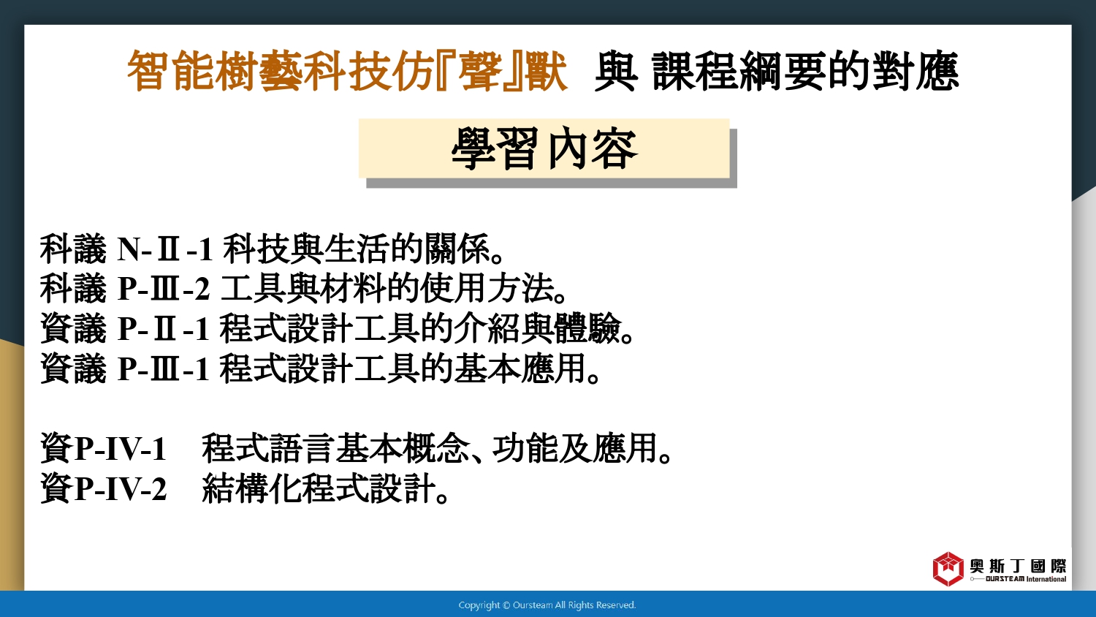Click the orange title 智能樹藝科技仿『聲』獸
point(347,72)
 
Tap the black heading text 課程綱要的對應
point(805,72)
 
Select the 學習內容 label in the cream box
point(544,148)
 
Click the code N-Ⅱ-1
point(165,249)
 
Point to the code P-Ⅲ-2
point(164,289)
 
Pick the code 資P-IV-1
point(103,448)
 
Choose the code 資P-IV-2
point(103,488)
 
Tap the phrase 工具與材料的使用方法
point(387,288)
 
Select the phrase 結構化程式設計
point(319,488)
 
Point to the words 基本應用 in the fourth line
point(520,368)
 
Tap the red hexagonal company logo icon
point(948,569)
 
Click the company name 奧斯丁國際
point(1018,566)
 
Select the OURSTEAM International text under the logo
point(1026,579)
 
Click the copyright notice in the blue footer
point(547,605)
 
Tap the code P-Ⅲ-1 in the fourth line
point(164,368)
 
